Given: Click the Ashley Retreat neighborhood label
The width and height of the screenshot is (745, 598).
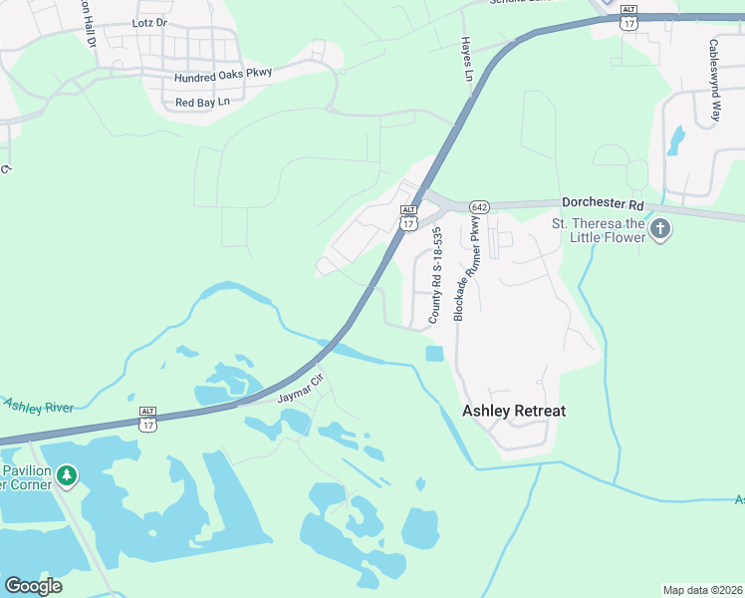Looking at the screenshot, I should [x=514, y=411].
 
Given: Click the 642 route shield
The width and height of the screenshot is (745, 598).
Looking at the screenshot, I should [x=480, y=206].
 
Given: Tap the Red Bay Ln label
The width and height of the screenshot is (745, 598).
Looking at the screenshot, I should [x=202, y=103].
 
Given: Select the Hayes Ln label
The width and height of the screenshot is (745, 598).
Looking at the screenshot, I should [x=465, y=60].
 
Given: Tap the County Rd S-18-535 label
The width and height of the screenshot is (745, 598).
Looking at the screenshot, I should [x=435, y=274].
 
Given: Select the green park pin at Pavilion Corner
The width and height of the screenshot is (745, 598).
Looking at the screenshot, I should [x=67, y=475].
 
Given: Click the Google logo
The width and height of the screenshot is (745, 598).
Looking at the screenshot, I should [x=33, y=586].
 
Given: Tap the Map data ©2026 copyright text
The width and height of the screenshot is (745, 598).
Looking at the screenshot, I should [x=702, y=589].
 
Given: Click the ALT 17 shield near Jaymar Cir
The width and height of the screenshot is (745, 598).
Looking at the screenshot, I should [x=148, y=420].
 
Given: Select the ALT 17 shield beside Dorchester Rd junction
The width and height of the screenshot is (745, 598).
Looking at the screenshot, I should [x=408, y=218].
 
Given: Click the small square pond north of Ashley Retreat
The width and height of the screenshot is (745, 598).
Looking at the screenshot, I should [x=434, y=354].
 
